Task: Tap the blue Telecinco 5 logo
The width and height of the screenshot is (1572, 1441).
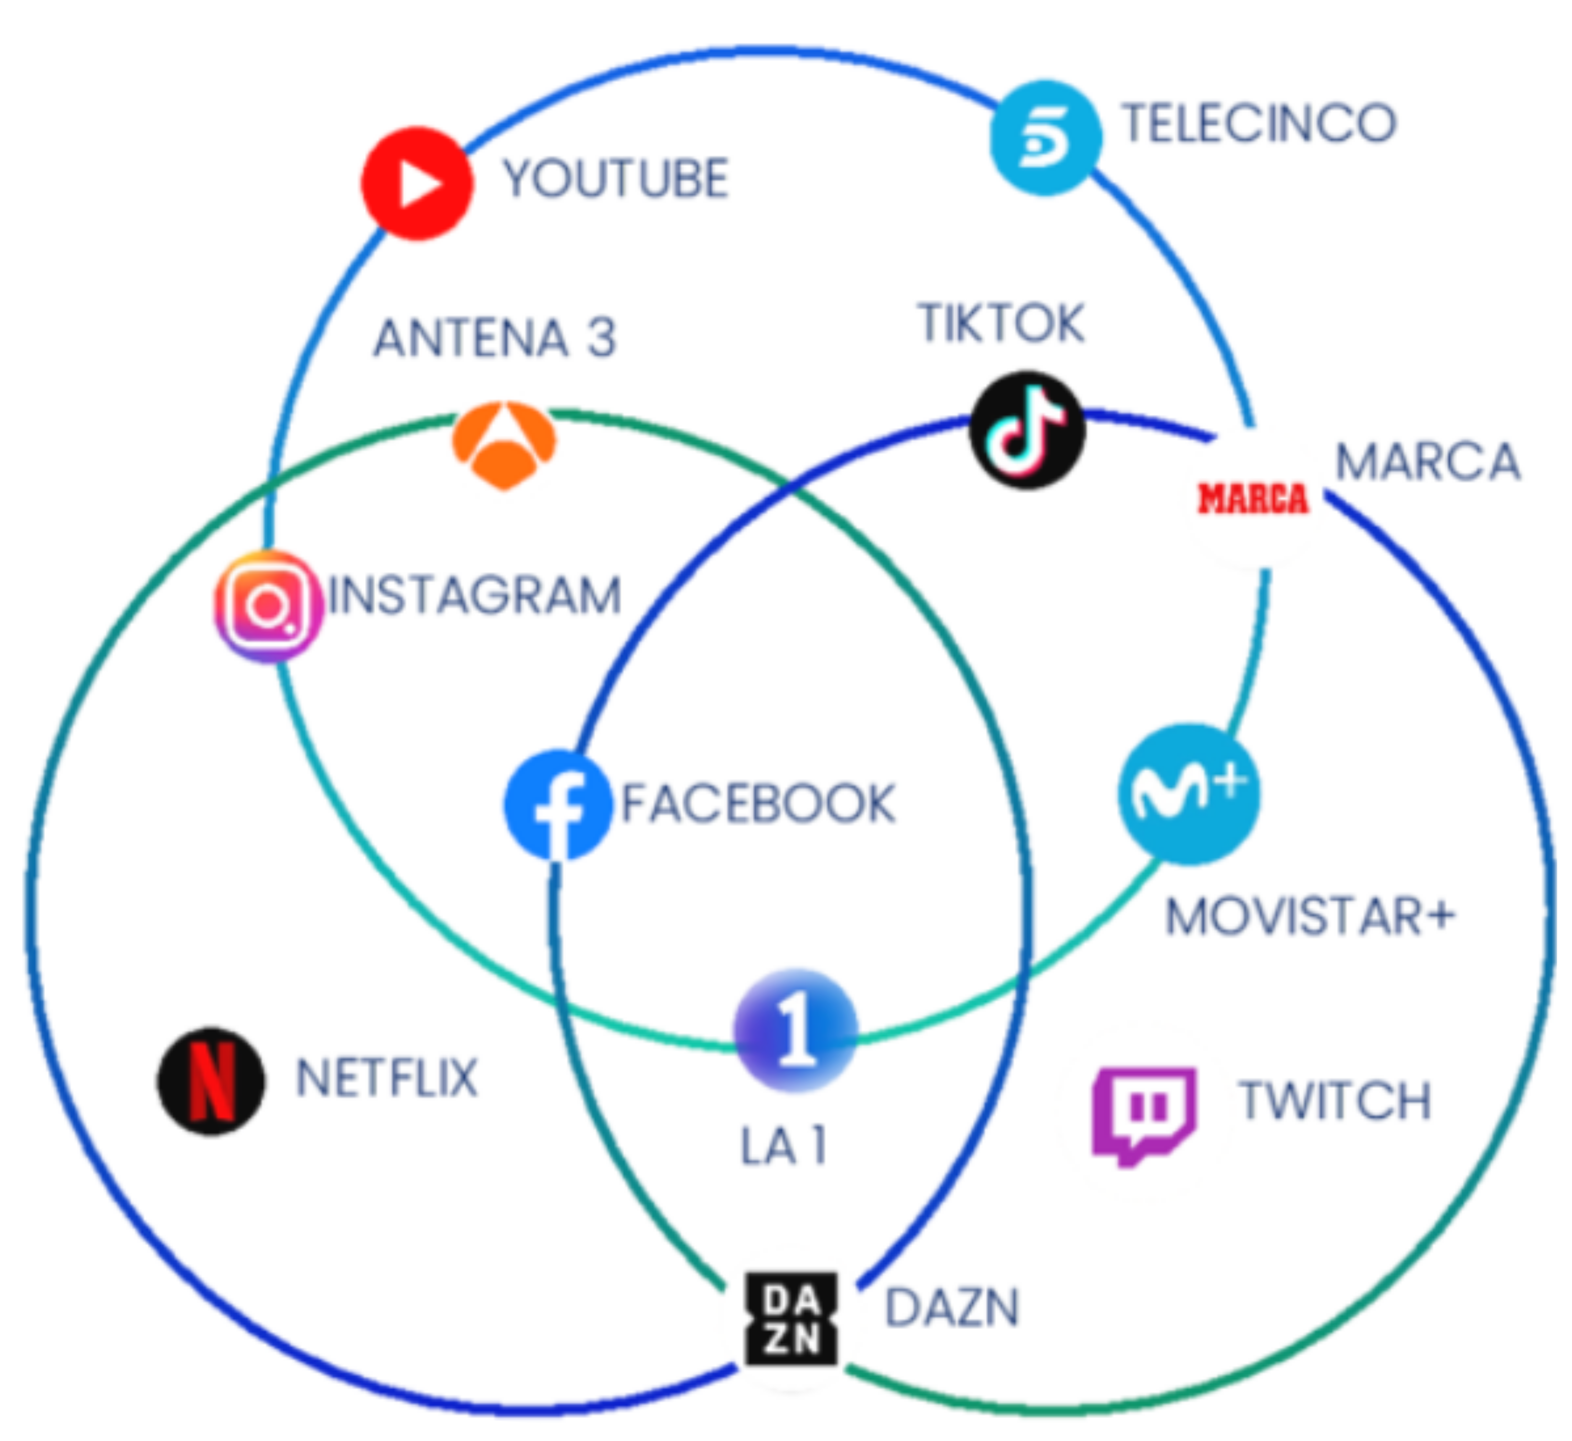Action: pos(1046,137)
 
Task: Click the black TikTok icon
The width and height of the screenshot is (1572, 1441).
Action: pos(1027,430)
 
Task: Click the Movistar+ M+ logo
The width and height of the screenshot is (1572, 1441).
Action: pos(1188,794)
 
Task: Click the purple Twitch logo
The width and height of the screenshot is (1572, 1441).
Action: pos(1143,1115)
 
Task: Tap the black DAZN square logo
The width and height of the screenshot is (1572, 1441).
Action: pos(792,1319)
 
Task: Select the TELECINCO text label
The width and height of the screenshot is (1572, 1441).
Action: pos(1259,123)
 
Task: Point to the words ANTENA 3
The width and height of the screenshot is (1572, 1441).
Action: pos(495,339)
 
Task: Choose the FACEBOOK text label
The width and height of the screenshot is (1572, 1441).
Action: pos(758,804)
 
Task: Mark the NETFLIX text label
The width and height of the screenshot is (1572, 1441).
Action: pos(387,1078)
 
